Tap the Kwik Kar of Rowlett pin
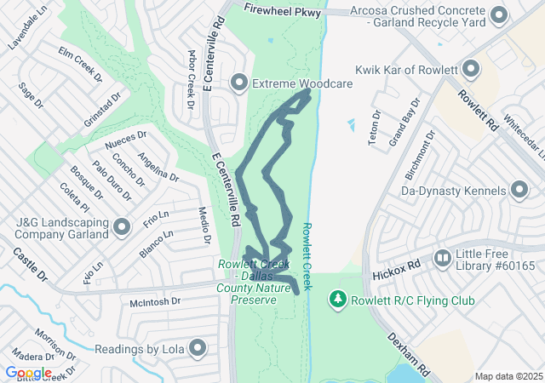click(x=469, y=69)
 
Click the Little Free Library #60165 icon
click(x=442, y=257)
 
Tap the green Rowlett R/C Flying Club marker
click(x=338, y=300)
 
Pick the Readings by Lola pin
click(x=198, y=347)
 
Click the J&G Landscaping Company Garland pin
click(x=122, y=227)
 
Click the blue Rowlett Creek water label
click(x=309, y=249)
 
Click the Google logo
click(x=28, y=373)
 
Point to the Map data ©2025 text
click(x=508, y=376)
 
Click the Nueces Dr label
click(x=125, y=140)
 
